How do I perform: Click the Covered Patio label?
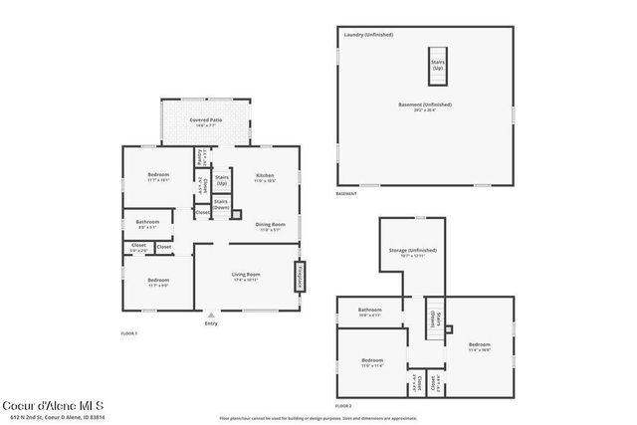pos(206,120)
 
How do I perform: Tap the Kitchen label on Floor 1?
pos(265,175)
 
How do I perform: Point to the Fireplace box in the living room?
pos(297,276)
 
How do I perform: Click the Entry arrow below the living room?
pos(211,314)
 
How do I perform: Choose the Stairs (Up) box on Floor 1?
pos(222,180)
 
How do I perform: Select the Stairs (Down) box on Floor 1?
pos(222,204)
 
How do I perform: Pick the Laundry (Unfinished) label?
pos(367,35)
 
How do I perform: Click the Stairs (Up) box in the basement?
pos(438,65)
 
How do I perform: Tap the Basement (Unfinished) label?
pos(426,105)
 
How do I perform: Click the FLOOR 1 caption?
pos(128,332)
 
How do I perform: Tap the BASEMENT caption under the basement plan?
pos(346,193)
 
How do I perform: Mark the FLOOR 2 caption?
pos(343,406)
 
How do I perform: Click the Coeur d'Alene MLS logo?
pos(52,406)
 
